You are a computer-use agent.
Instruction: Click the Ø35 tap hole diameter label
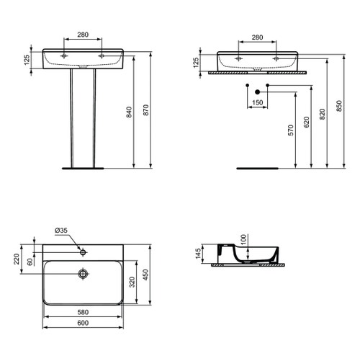[62, 231]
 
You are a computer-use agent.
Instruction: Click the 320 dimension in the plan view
[131, 282]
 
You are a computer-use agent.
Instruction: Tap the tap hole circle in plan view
[84, 251]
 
